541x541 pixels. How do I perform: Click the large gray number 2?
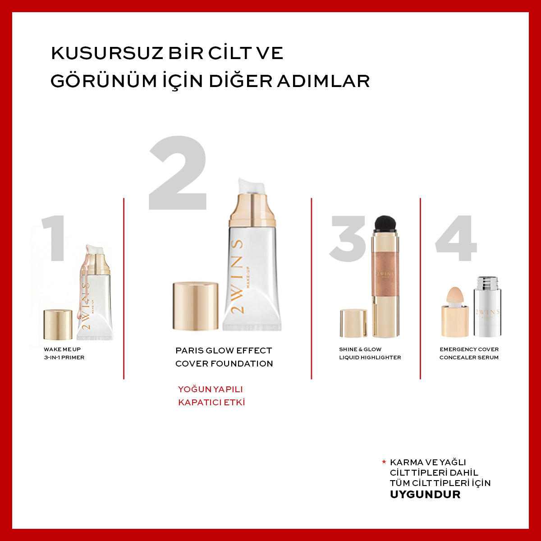[x=178, y=174]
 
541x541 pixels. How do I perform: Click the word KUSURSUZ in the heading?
[x=108, y=53]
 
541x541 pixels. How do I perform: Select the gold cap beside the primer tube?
[x=58, y=325]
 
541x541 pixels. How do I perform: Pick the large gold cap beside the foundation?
[x=196, y=307]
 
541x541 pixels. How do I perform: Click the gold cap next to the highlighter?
[x=353, y=323]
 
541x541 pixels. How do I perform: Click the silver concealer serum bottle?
[x=487, y=309]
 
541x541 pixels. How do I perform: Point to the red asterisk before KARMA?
[x=384, y=462]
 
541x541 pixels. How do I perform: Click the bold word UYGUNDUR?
[x=425, y=494]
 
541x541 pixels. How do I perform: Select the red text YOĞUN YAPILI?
[x=211, y=389]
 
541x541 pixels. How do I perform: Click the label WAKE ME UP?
[x=62, y=349]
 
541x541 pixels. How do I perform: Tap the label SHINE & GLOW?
[x=360, y=349]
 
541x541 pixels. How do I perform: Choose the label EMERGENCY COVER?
[x=469, y=349]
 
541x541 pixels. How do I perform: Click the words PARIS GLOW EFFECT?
[x=224, y=350]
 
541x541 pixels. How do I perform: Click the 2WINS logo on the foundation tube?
[x=238, y=277]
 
